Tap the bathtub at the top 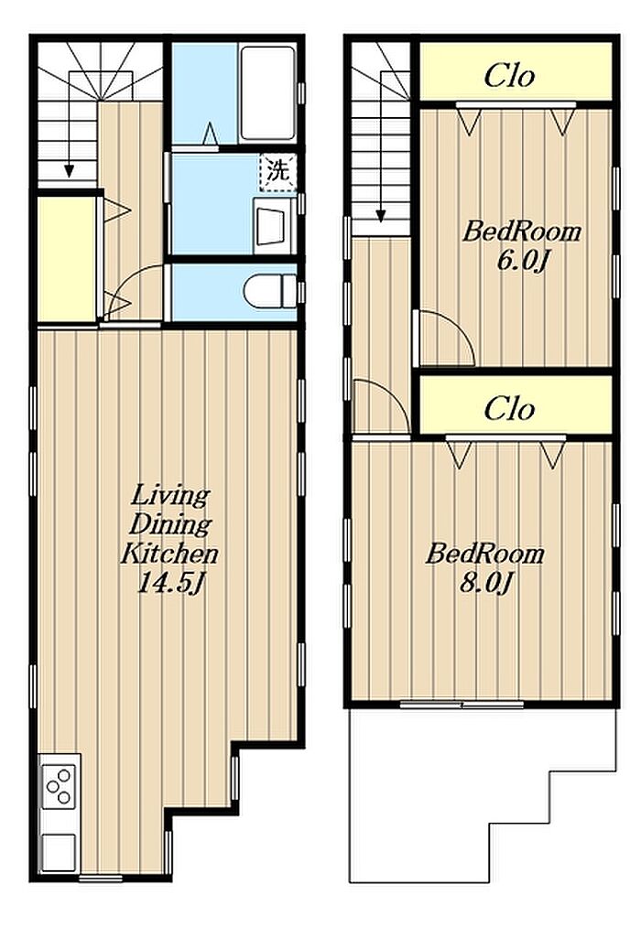point(268,92)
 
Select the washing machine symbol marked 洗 point(278,172)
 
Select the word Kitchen point(169,554)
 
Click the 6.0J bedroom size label point(520,260)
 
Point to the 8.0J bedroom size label point(485,585)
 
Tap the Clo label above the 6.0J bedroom point(509,75)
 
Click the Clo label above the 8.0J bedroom point(509,408)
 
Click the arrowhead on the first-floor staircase point(70,170)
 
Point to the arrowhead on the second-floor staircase point(381,215)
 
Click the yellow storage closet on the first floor point(67,258)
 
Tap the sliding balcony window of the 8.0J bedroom point(462,705)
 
